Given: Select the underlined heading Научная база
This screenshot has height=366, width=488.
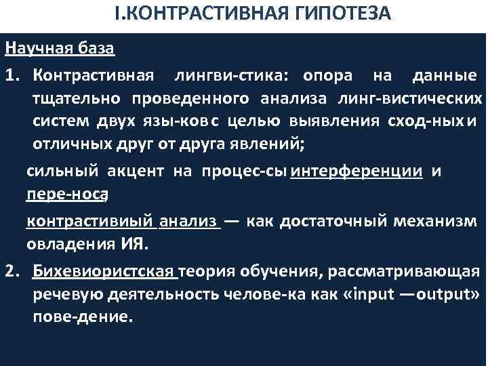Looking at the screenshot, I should coord(59,50).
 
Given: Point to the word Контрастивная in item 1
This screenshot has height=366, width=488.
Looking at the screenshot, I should coord(93,73).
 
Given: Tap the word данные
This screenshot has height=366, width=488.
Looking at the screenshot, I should coord(440,73).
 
